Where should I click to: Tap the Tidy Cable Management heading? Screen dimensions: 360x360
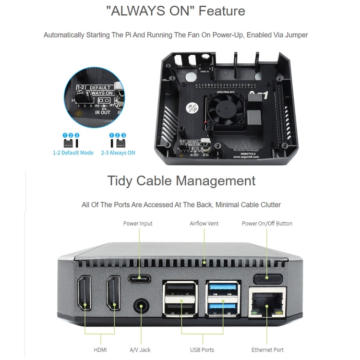[181, 181]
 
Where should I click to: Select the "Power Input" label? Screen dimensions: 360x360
[138, 224]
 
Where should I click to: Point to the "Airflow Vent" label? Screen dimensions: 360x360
[205, 224]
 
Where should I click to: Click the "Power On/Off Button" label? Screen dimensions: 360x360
[267, 224]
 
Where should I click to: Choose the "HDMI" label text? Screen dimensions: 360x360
[100, 350]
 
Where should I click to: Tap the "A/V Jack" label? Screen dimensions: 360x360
[140, 350]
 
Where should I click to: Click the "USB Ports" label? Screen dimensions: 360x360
[202, 350]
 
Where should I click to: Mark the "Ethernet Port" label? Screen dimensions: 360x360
[267, 350]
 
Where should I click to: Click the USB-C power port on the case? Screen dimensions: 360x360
[139, 278]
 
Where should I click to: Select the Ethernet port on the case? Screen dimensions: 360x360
[267, 303]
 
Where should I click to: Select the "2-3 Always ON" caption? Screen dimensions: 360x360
[118, 153]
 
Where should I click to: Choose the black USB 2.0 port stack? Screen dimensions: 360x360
[181, 299]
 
